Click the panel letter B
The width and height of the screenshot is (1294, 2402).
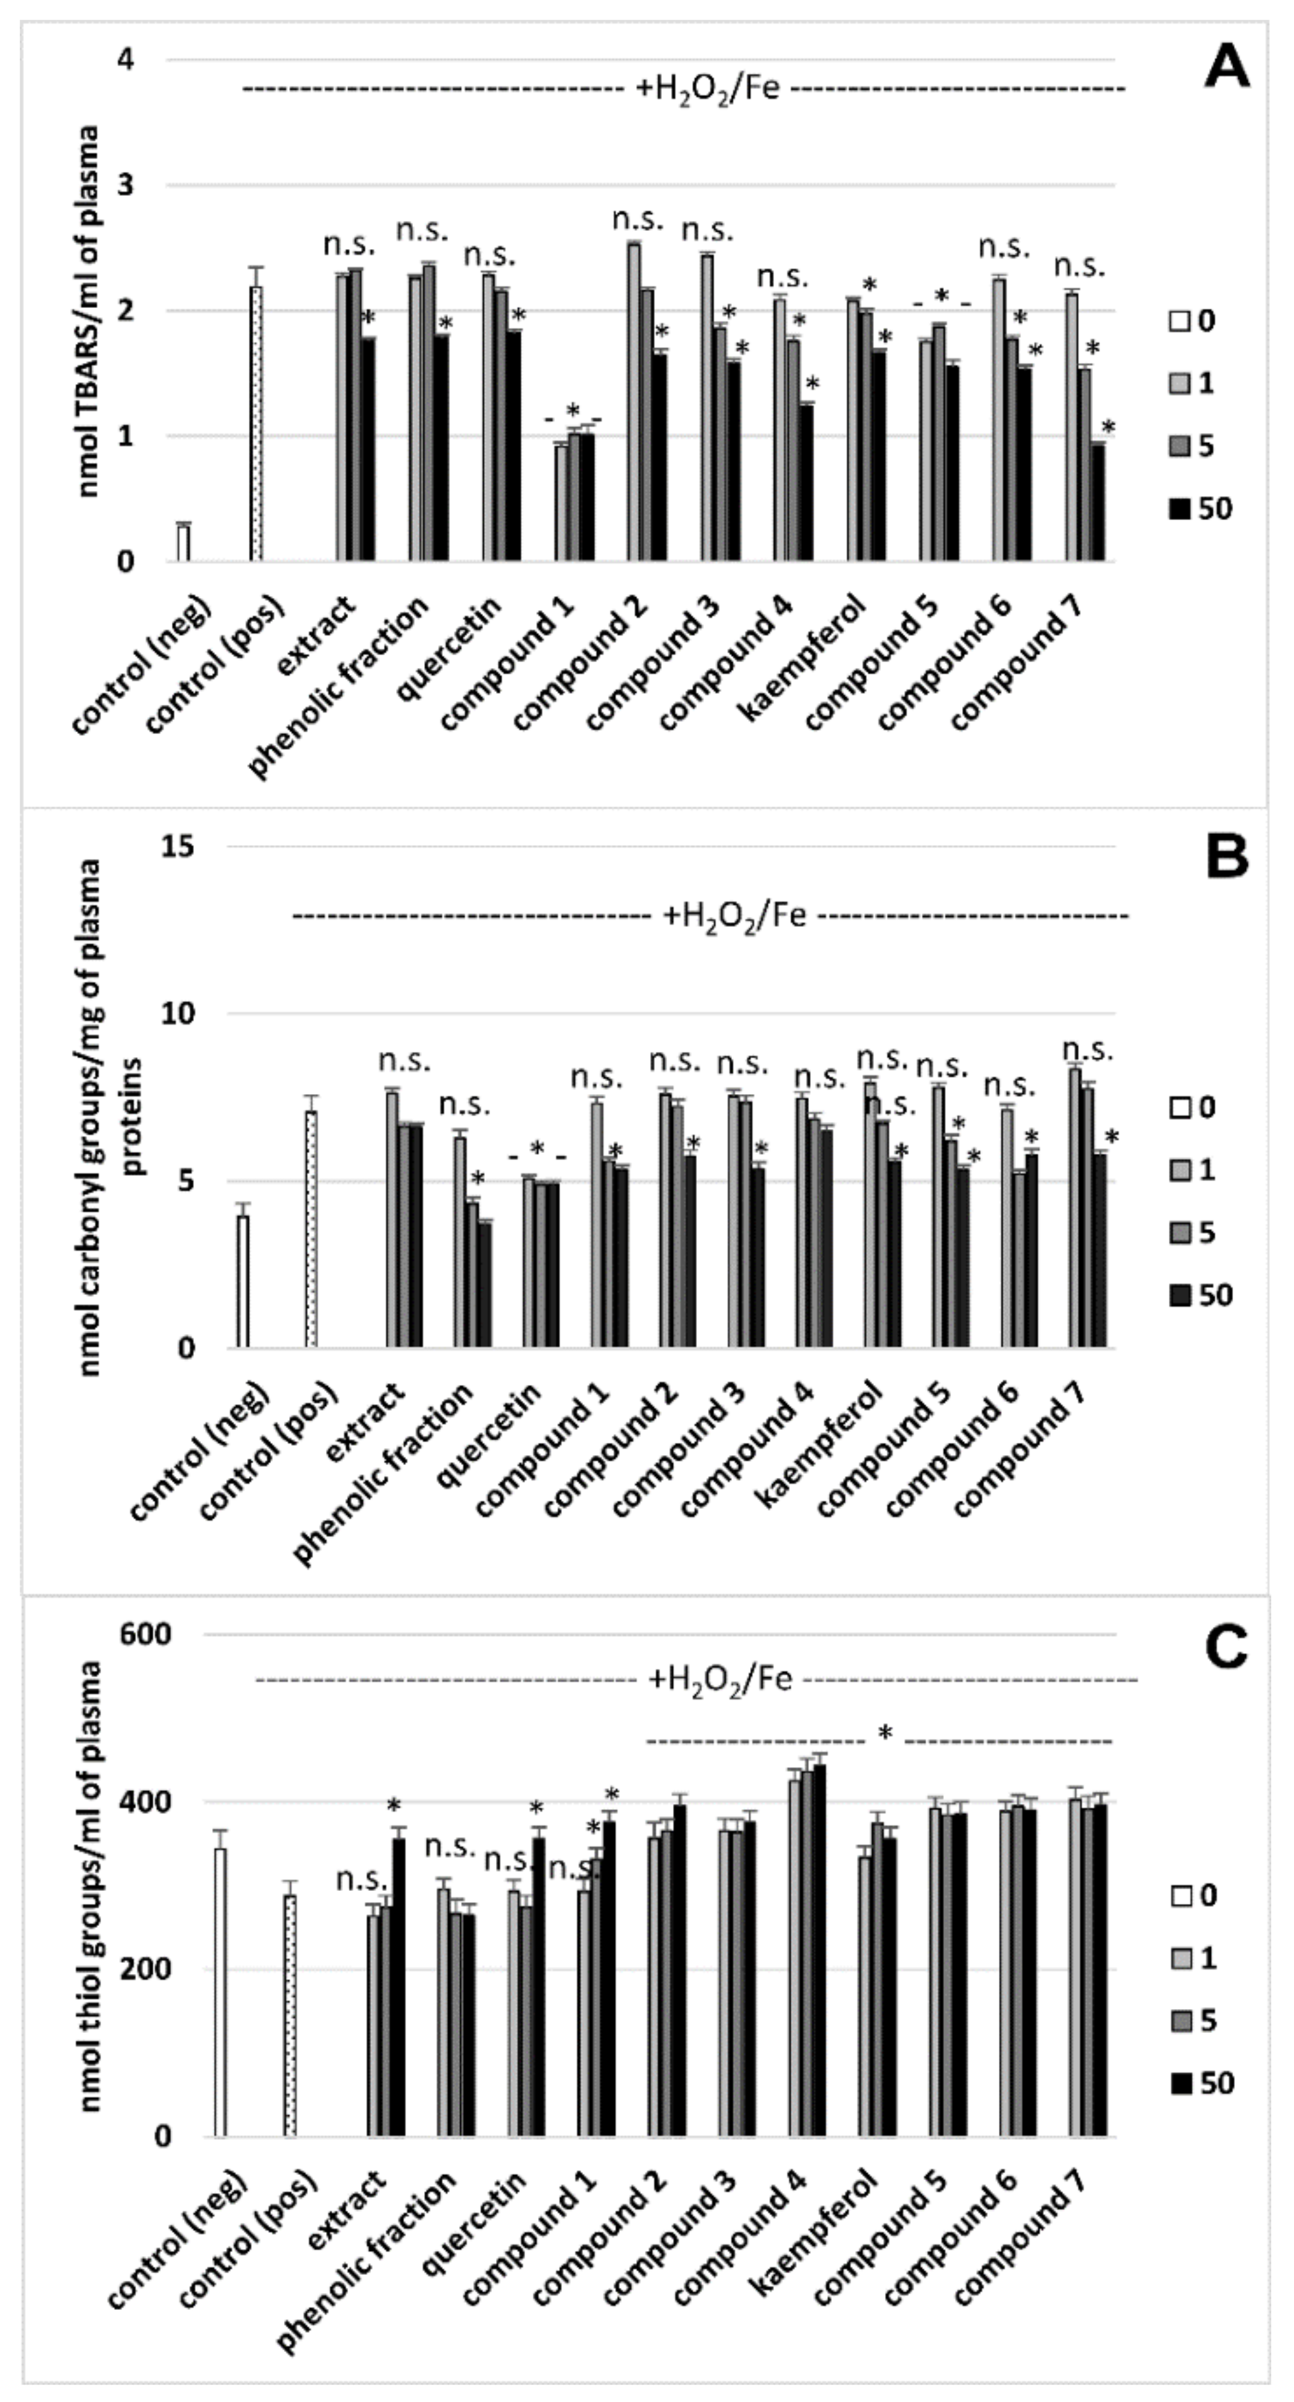(x=1226, y=856)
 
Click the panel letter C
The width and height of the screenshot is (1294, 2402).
(x=1226, y=1648)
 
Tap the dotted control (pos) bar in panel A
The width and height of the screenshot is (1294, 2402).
(x=256, y=424)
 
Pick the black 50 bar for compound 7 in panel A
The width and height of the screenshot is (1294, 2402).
(x=1098, y=503)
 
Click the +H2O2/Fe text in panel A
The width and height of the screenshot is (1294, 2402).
(x=709, y=90)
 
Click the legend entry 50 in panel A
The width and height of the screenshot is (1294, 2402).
(x=1203, y=508)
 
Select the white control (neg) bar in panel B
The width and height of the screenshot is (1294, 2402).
(x=243, y=1281)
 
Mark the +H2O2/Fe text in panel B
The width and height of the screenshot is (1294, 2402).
(x=735, y=916)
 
